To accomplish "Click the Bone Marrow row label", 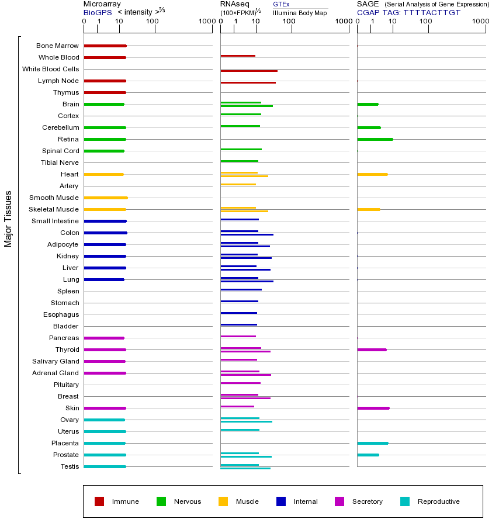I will click(57, 46).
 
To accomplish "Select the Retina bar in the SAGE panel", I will click(375, 139).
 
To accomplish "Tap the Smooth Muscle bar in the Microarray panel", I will click(105, 198).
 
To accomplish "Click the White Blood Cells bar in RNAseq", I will click(248, 71).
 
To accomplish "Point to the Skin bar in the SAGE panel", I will click(373, 408).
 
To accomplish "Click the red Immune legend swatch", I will click(99, 501).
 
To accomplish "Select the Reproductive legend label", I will click(438, 501).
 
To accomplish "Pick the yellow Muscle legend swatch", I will click(223, 501).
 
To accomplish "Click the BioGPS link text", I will click(96, 12).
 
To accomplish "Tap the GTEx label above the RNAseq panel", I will click(281, 4).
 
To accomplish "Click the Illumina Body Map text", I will click(300, 12).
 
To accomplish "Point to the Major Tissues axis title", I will click(8, 219).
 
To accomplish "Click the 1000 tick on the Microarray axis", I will click(206, 22).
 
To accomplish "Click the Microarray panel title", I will click(102, 4).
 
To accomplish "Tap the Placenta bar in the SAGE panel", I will click(372, 443).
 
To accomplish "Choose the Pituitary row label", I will click(66, 385).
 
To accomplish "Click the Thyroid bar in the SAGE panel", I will click(372, 349).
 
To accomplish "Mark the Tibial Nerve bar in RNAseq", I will click(239, 161).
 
